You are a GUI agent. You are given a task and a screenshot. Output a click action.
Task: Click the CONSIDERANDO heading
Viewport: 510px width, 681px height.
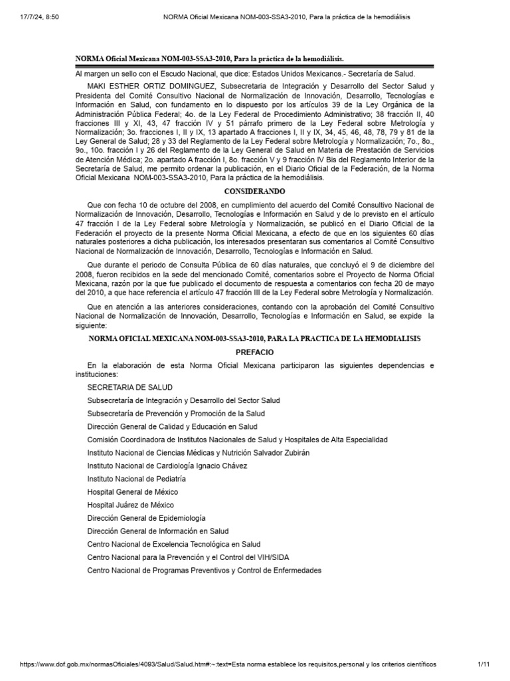254,190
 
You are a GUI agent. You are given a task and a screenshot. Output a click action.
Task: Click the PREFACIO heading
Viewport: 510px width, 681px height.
254,352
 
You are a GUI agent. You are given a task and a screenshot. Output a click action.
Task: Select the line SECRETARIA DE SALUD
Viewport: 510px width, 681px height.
129,387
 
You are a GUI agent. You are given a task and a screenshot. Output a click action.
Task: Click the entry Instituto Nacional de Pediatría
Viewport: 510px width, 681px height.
136,478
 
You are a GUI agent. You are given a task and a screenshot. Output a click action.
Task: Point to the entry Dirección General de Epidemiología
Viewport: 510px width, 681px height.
146,517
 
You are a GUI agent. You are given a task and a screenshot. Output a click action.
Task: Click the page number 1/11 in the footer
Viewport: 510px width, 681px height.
483,664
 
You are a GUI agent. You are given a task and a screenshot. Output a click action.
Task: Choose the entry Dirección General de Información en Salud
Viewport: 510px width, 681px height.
157,531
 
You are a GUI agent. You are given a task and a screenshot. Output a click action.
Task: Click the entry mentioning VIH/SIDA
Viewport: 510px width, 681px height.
188,557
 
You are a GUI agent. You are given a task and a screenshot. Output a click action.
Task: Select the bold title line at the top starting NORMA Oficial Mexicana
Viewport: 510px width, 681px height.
210,59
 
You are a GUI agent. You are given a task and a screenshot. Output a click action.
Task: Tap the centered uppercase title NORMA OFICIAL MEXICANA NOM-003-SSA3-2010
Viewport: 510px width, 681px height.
254,339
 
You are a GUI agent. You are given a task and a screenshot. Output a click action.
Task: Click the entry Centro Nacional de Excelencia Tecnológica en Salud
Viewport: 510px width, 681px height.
174,544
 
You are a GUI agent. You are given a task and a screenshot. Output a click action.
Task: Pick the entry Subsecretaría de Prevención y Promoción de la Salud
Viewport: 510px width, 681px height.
175,413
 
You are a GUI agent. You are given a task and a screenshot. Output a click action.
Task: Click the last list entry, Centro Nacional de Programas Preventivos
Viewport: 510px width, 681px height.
204,570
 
